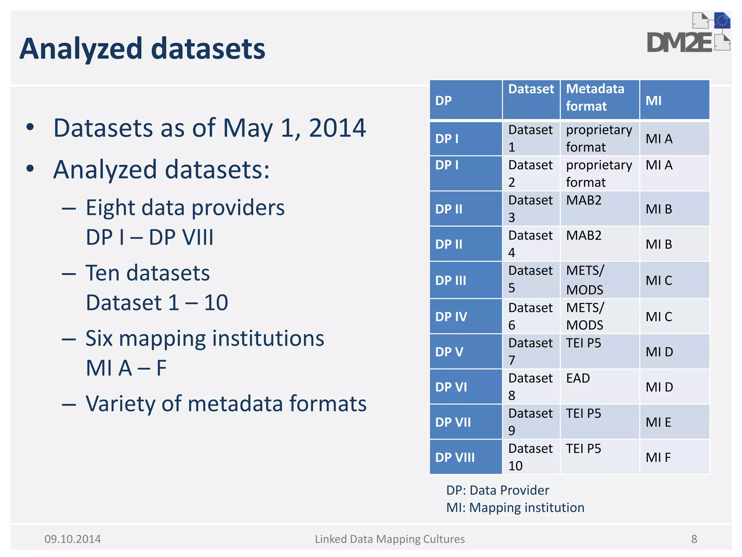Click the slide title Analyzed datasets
point(142,49)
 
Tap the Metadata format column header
point(595,98)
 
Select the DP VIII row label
point(455,457)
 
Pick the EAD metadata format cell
point(578,378)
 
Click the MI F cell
point(658,457)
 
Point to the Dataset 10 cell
point(530,457)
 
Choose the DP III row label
point(451,280)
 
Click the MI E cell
point(658,422)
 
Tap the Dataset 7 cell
point(530,351)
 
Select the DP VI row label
point(451,387)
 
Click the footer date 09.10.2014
point(72,539)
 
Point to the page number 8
point(694,539)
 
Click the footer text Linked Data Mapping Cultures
point(389,539)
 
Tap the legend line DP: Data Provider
point(497,490)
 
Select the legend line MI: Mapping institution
point(515,508)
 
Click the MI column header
point(653,100)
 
